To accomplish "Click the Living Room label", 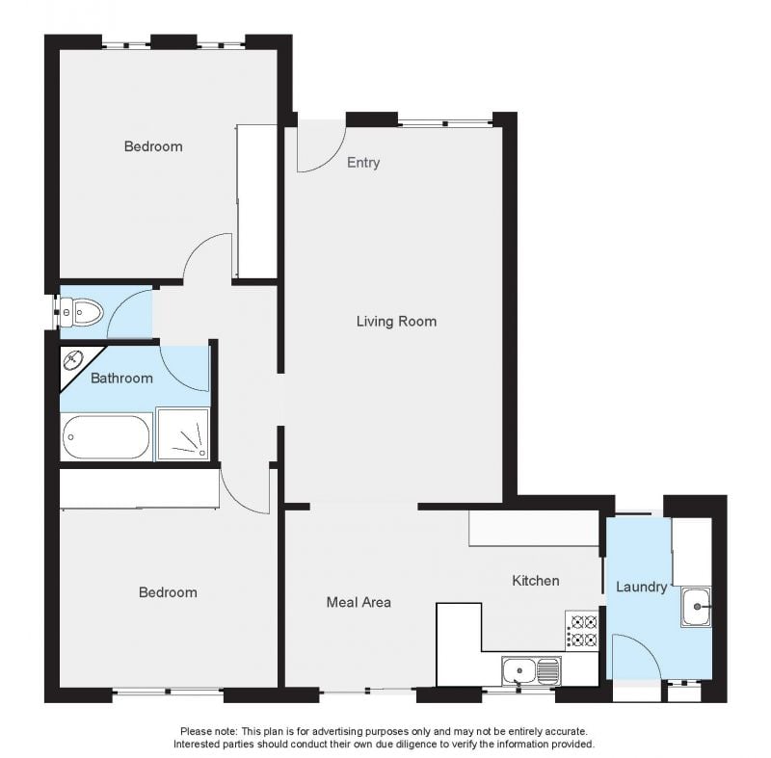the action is click(x=396, y=322).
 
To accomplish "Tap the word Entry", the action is click(x=363, y=163).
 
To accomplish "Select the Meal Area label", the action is click(x=359, y=602).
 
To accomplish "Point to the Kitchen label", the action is click(x=536, y=581).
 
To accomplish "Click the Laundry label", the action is click(x=641, y=588).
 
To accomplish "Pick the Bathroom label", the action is click(x=121, y=379).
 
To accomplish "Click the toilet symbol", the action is click(x=82, y=312).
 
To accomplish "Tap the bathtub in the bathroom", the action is click(x=106, y=437).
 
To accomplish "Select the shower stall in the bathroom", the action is click(x=182, y=434).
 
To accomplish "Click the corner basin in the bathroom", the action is click(x=74, y=360).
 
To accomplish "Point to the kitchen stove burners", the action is click(x=582, y=630).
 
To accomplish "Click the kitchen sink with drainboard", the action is click(x=531, y=670).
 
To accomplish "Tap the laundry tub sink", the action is click(x=696, y=607).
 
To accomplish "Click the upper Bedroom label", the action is click(x=153, y=146).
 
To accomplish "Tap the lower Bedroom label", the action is click(x=168, y=592).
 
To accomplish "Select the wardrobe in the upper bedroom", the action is click(x=256, y=201).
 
